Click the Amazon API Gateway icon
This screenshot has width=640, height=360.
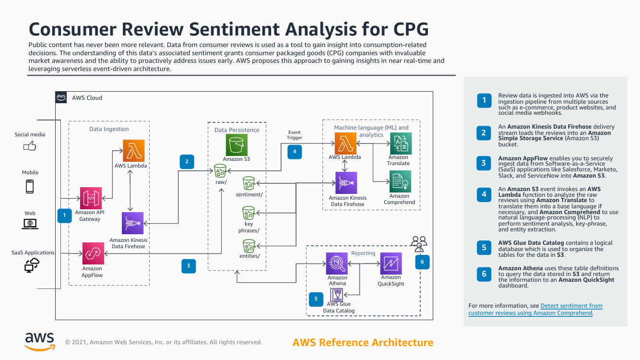pyautogui.click(x=91, y=198)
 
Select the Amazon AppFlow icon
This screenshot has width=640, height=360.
pyautogui.click(x=93, y=254)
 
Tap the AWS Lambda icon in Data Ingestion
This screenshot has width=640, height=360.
pyautogui.click(x=134, y=150)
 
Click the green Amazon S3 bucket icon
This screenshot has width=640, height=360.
pyautogui.click(x=237, y=145)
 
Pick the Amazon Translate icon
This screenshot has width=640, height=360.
pyautogui.click(x=401, y=144)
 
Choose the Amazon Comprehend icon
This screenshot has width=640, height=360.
pyautogui.click(x=401, y=182)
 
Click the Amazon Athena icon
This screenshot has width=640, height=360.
pyautogui.click(x=337, y=263)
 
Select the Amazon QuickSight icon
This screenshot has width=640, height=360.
pyautogui.click(x=391, y=263)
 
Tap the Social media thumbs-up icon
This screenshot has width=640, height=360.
pyautogui.click(x=30, y=146)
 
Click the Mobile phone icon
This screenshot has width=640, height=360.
pyautogui.click(x=30, y=186)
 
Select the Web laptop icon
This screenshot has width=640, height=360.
pyautogui.click(x=30, y=223)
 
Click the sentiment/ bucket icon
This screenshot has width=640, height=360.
pyautogui.click(x=249, y=183)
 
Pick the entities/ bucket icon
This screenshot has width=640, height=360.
pyautogui.click(x=249, y=246)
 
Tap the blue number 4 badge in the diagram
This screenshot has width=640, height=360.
pyautogui.click(x=294, y=152)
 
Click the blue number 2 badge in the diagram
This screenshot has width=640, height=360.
pyautogui.click(x=186, y=161)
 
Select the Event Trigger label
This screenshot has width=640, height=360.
pyautogui.click(x=295, y=135)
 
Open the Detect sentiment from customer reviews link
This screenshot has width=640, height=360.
pyautogui.click(x=571, y=306)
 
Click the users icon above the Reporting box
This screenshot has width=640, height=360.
pyautogui.click(x=419, y=243)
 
